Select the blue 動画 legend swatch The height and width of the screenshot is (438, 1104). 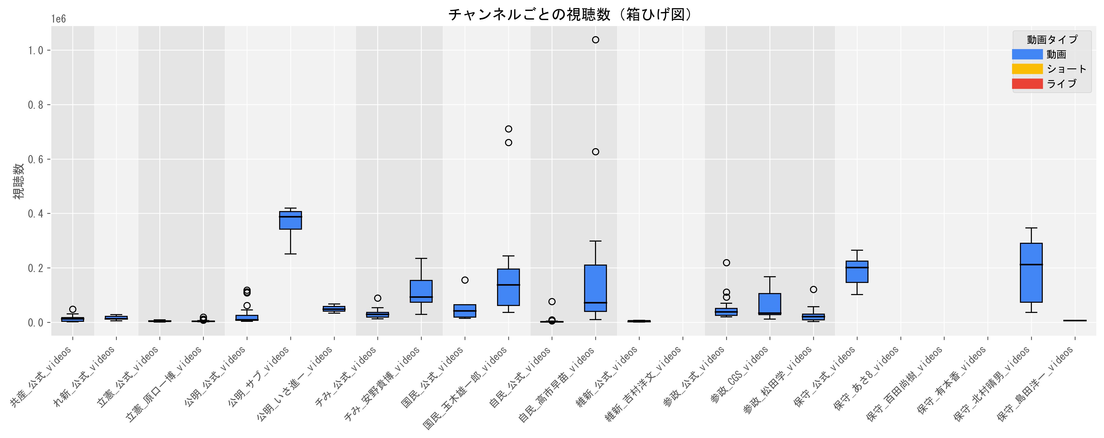1027,54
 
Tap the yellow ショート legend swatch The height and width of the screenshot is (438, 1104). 1027,69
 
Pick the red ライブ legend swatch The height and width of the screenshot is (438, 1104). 1027,83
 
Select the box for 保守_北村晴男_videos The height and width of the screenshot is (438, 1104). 1031,273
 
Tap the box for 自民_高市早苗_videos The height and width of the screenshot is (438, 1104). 595,288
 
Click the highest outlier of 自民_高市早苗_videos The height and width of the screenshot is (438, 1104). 595,40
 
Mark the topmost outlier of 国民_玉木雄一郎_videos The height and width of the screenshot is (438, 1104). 508,129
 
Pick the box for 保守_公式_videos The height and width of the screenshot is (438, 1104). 857,272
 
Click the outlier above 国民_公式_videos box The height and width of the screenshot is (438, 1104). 465,280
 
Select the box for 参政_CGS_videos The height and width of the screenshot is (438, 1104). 770,304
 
